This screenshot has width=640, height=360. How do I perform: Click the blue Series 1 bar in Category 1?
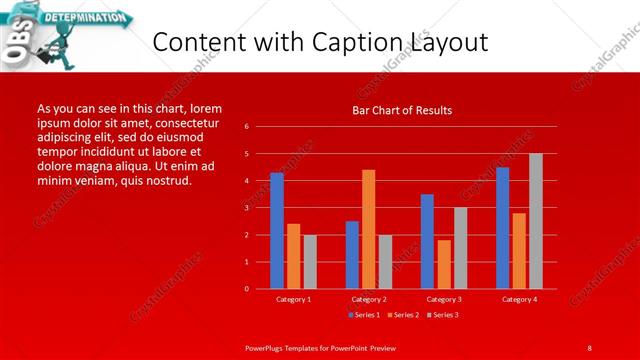(277, 231)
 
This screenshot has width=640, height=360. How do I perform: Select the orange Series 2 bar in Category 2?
(369, 229)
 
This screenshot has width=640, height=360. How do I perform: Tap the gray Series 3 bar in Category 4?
(536, 221)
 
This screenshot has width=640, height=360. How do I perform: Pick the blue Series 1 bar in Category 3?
(427, 241)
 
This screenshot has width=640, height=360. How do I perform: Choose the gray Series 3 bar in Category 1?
(310, 261)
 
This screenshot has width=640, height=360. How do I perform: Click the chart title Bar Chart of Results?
(402, 110)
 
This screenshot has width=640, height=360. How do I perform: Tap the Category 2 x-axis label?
(369, 299)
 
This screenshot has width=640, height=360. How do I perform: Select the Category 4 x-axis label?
(519, 299)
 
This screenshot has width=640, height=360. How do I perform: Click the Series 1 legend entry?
(364, 315)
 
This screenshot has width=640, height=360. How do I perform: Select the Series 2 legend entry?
(403, 315)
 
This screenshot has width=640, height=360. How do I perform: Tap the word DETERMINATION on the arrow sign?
(88, 17)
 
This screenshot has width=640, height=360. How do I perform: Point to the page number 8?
(589, 346)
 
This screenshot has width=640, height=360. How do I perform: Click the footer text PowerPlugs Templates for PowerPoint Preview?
(322, 346)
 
